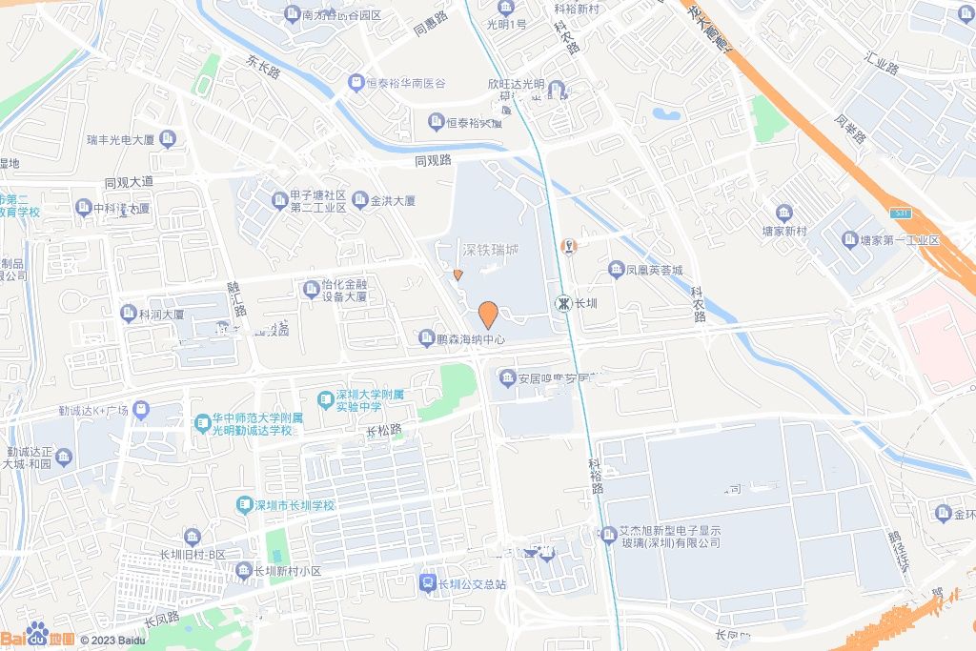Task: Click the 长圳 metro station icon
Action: [564, 303]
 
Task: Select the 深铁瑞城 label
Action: [491, 250]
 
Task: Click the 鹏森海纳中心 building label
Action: [469, 338]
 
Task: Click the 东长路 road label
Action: [263, 66]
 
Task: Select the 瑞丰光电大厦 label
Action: [120, 140]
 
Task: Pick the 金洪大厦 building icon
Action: [360, 200]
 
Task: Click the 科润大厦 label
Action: [161, 314]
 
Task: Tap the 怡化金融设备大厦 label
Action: [342, 290]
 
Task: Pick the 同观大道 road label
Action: [129, 182]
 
